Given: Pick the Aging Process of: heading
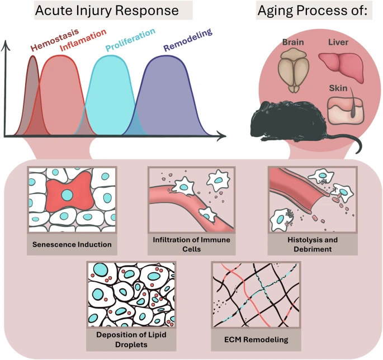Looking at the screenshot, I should pos(311,11).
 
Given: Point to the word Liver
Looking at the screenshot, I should pos(339,42).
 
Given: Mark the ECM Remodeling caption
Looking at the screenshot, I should pos(256,339).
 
